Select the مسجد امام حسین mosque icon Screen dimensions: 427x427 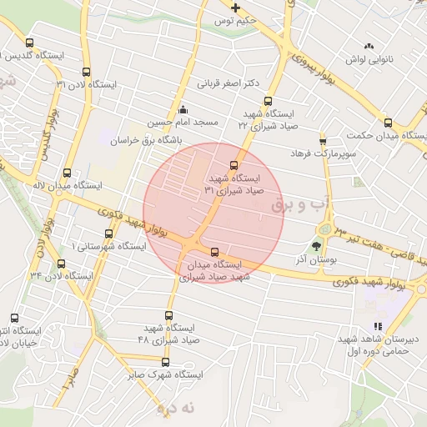tap(183, 109)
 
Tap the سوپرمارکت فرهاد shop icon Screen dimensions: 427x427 tap(323, 141)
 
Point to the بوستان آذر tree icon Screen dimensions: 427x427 tap(316, 246)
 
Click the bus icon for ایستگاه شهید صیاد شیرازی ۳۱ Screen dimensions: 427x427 tap(234, 165)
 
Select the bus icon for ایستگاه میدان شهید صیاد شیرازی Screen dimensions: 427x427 tap(215, 251)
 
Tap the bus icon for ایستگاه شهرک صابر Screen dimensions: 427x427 tap(165, 362)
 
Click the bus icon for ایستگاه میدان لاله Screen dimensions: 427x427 tap(67, 173)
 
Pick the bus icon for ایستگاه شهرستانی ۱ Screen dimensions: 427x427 tap(108, 234)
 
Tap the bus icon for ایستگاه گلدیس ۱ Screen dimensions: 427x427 tap(30, 43)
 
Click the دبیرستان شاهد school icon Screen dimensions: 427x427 tap(378, 327)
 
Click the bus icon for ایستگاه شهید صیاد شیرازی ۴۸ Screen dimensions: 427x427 tap(169, 315)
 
